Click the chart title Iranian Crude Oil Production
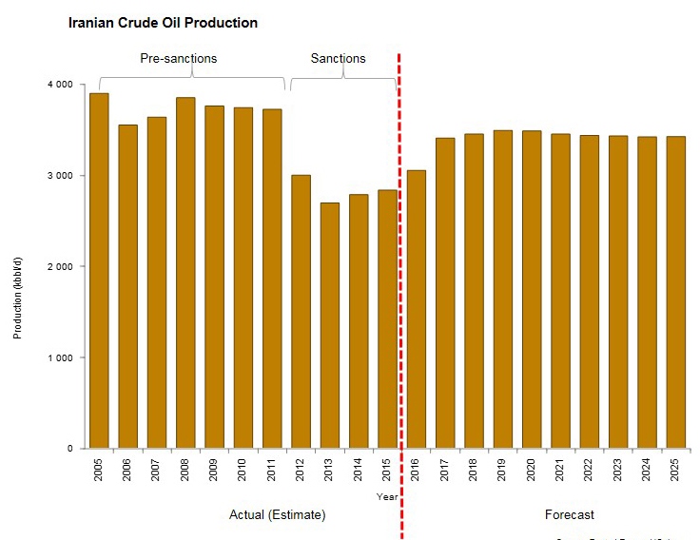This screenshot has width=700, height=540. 163,22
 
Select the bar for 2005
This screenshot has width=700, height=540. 99,271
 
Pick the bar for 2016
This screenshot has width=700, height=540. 417,309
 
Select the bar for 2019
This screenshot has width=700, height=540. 503,289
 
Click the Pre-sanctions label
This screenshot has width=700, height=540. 179,58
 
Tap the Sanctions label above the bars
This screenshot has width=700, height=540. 338,58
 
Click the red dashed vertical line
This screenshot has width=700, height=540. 399,285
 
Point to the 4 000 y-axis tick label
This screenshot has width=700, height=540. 60,85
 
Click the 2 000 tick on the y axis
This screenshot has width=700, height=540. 60,266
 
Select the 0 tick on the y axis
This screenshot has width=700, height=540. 69,448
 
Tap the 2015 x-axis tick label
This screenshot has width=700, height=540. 387,471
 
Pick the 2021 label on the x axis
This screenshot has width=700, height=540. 560,471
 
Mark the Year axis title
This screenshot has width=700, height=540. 387,496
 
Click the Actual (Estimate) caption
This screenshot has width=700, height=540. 278,514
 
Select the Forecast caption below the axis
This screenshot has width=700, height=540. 570,514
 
